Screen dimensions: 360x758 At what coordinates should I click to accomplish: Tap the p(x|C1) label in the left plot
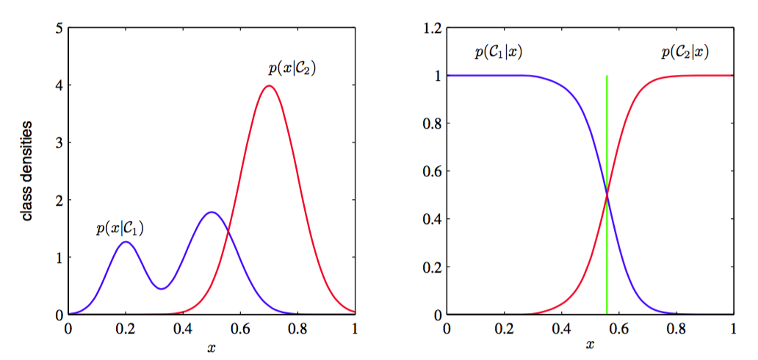120,228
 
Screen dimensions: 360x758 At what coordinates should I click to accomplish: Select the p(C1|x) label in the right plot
499,52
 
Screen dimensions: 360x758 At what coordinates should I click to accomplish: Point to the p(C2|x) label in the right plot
685,52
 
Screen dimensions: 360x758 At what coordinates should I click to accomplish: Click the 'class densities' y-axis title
27,171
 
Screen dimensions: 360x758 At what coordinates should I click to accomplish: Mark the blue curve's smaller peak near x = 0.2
126,242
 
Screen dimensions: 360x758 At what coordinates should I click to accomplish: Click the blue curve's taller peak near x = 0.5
212,212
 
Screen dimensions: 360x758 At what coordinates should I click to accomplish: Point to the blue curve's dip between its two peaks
162,289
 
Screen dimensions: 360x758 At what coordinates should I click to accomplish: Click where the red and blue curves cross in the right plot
607,194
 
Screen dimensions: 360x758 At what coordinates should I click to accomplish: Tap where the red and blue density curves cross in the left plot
228,232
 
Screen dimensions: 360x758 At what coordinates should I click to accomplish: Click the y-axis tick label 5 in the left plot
59,29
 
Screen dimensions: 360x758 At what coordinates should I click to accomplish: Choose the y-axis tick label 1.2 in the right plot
430,29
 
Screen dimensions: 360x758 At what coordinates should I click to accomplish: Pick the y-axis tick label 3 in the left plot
59,143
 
